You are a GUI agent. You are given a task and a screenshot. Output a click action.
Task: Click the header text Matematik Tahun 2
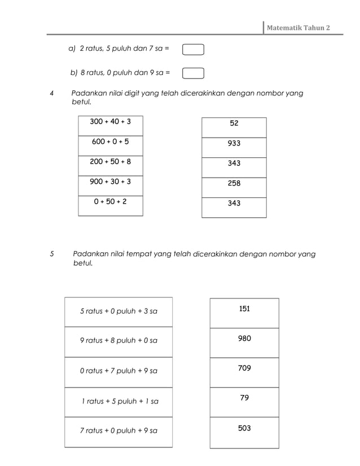[x=298, y=28]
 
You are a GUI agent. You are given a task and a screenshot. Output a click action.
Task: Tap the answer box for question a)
[x=193, y=50]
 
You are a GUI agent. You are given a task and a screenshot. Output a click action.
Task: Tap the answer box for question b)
[x=193, y=73]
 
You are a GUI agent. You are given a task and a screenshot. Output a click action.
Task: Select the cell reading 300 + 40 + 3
[x=111, y=122]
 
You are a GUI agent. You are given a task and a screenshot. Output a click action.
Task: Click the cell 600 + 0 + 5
[x=111, y=142]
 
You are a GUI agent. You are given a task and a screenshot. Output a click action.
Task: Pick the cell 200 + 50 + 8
[x=111, y=162]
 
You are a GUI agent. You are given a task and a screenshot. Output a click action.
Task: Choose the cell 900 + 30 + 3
[x=111, y=182]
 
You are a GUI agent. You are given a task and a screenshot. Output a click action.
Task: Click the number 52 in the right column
[x=234, y=123]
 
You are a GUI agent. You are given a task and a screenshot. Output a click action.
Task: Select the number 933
[x=234, y=143]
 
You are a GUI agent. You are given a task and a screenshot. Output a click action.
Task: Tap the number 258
[x=234, y=183]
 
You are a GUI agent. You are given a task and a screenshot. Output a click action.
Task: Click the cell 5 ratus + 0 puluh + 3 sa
[x=118, y=311]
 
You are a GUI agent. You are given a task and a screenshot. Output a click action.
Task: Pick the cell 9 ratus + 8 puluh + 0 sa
[x=118, y=341]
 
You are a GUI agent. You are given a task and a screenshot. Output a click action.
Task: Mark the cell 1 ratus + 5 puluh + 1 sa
[x=120, y=402]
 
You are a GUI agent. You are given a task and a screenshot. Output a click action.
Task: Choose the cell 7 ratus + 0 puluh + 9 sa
[x=118, y=431]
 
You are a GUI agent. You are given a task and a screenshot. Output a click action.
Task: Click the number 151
[x=244, y=309]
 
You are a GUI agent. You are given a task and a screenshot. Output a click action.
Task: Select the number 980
[x=244, y=338]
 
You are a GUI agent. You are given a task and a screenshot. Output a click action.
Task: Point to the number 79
[x=244, y=398]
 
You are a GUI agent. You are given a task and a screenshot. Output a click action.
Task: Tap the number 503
[x=244, y=429]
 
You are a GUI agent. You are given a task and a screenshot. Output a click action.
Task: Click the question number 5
[x=52, y=254]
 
